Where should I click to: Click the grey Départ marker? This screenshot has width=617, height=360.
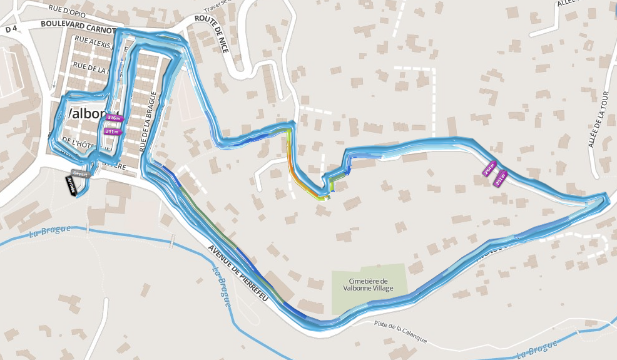coord(81,173)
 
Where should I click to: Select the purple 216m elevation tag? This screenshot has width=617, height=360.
coord(114,117)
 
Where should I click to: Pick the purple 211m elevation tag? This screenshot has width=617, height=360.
coord(113,131)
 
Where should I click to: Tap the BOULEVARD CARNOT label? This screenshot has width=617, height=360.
coord(79,26)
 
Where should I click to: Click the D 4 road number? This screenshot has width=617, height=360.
coord(11,29)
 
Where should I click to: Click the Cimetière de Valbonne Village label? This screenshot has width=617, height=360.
coord(369,285)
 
